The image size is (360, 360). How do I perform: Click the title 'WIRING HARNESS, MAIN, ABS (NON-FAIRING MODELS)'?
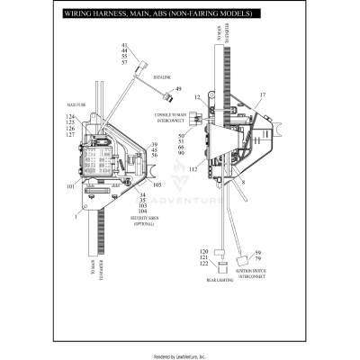coord(148,15)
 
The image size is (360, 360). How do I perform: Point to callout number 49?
coord(177,89)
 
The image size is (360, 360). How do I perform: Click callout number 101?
coord(70,186)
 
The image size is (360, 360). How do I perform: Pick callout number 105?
coord(157,185)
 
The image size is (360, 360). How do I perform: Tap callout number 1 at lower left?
coord(76,216)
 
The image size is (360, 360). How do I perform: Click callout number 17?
coord(263,94)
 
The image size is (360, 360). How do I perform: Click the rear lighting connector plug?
coord(222,265)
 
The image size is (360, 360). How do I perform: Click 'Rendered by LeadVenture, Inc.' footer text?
coord(180,355)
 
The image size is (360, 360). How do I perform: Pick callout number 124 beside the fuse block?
coord(70,118)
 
